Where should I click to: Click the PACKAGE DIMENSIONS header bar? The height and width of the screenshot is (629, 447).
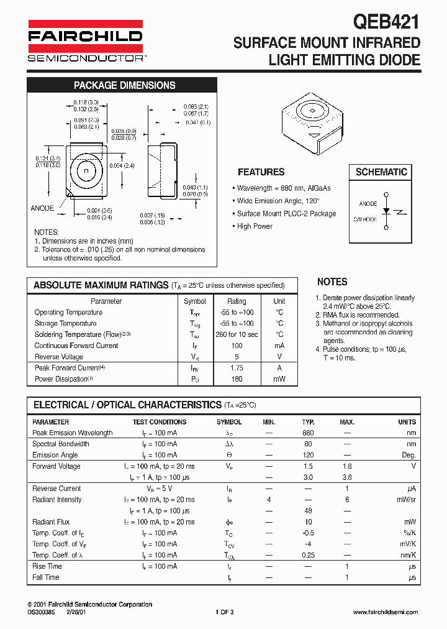[x=124, y=86]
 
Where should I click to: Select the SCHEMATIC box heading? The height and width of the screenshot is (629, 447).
[x=381, y=172]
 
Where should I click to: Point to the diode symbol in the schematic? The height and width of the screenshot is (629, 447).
[x=386, y=211]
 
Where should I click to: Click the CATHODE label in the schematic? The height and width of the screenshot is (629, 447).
[x=365, y=219]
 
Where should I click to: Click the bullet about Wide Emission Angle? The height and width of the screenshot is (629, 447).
[x=278, y=201]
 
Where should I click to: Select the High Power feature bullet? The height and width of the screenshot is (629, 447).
[x=255, y=226]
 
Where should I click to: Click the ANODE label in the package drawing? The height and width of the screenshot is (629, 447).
[x=42, y=208]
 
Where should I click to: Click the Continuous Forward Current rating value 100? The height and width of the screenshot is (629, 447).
[x=237, y=346]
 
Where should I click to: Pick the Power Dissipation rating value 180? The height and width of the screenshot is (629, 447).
[x=237, y=379]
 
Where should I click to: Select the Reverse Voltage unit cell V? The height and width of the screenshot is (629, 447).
[x=279, y=357]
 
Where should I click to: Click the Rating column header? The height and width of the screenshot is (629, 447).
[x=237, y=301]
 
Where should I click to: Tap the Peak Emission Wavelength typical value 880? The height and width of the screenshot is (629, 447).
[x=308, y=433]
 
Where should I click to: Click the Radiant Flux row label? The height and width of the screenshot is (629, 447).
[x=51, y=522]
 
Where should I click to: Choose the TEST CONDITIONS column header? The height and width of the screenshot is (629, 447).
[x=155, y=422]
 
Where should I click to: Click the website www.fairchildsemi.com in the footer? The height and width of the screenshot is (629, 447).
[x=385, y=612]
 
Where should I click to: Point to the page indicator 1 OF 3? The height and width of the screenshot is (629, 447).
[x=224, y=612]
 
